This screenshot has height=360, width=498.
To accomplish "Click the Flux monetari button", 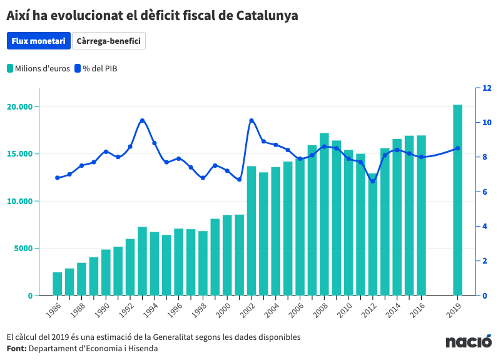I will point(38,41).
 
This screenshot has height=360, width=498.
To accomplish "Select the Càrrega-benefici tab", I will point(109,41).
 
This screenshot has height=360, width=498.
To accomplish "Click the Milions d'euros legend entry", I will point(39,68).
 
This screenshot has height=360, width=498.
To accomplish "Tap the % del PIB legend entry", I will point(96,68).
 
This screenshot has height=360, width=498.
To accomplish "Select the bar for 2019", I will point(457,200).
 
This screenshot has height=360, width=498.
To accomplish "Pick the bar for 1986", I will point(57,284).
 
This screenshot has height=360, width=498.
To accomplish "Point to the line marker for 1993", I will point(142,121).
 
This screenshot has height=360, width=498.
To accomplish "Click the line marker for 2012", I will point(373,181).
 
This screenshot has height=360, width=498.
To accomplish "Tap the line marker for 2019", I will point(457,148).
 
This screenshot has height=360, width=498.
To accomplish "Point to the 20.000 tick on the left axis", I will point(19,107).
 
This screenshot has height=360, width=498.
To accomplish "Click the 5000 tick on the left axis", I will point(23,249).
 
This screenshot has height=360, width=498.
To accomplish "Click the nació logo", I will point(469,342).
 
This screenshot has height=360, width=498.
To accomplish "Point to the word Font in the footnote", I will point(16,348).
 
